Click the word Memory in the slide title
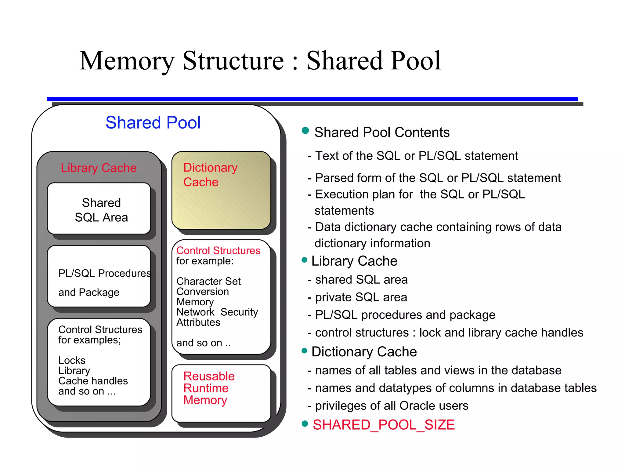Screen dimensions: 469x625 [127, 61]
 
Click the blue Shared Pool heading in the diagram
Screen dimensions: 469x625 [153, 123]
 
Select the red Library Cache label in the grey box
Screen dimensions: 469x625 [99, 168]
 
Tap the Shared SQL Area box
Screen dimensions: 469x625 [99, 209]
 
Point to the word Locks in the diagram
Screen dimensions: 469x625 [72, 360]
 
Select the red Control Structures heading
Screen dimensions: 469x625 [218, 250]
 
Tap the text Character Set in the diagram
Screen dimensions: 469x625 [208, 281]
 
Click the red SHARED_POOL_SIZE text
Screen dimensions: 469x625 [384, 425]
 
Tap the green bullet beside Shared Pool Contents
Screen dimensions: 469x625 [305, 131]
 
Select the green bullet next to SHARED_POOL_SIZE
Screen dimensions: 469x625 [305, 424]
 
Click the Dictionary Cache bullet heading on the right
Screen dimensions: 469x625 [364, 352]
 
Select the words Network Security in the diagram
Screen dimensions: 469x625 [217, 312]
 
